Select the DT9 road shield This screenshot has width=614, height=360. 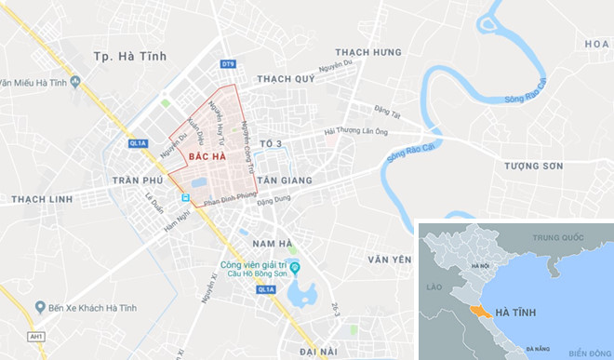tap(227, 63)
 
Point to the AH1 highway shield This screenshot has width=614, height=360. tap(36, 337)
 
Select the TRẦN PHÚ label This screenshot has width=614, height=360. tap(137, 179)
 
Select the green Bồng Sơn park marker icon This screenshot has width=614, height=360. tap(294, 269)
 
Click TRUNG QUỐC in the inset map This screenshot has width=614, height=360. tap(556, 238)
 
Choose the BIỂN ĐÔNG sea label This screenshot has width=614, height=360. tap(585, 352)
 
